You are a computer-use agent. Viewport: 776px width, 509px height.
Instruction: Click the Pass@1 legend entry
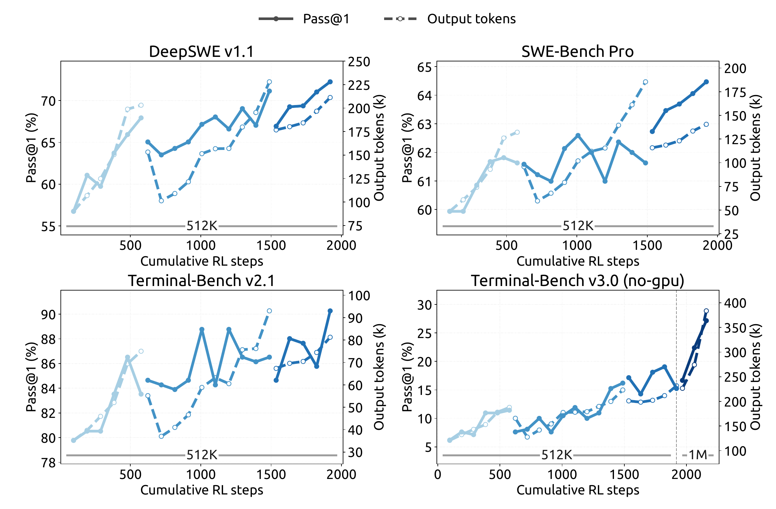click(x=304, y=19)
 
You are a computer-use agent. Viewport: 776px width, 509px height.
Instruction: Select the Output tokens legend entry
click(x=450, y=19)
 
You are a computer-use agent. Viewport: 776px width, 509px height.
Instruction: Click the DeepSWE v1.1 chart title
click(x=201, y=51)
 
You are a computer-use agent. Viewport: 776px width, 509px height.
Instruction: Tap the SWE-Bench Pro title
click(x=577, y=51)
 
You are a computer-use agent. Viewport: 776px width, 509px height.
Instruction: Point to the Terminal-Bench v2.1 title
click(x=201, y=281)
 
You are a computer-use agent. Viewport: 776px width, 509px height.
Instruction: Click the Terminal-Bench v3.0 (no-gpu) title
click(x=577, y=281)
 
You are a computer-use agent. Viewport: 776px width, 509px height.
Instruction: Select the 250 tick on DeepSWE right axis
click(x=359, y=62)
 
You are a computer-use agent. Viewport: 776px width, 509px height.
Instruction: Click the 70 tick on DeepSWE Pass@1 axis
click(x=48, y=101)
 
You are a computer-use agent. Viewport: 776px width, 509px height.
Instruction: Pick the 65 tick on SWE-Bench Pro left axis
click(x=424, y=68)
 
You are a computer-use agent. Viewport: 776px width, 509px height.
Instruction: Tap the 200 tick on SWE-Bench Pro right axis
click(x=735, y=69)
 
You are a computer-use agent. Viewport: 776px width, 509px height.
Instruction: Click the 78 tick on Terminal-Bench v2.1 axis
click(x=48, y=463)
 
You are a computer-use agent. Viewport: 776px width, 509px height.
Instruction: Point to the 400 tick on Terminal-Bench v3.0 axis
click(x=735, y=303)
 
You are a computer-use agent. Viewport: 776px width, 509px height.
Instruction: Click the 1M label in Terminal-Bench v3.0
click(x=698, y=455)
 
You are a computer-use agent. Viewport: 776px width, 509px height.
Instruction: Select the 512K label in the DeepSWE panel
click(x=202, y=226)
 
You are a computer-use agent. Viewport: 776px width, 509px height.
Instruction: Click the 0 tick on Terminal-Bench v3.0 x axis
click(x=437, y=474)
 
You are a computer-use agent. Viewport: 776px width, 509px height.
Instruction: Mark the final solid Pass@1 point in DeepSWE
click(x=330, y=82)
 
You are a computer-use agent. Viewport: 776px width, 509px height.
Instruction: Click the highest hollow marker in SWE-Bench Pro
click(x=646, y=82)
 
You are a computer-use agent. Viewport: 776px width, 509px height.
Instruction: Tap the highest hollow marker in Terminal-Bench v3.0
click(x=706, y=311)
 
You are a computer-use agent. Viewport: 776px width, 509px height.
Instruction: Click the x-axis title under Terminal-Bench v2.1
click(x=202, y=490)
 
